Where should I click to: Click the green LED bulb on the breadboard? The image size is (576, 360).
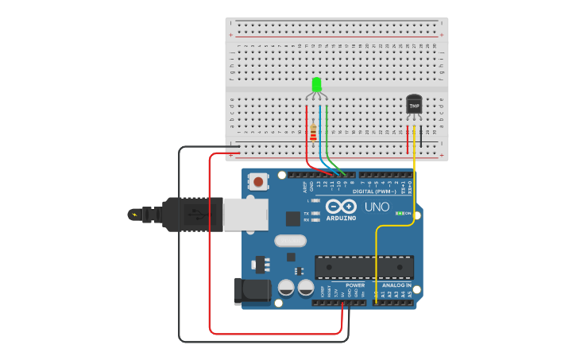[x=316, y=84]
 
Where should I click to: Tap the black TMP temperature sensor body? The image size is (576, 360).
[x=414, y=104]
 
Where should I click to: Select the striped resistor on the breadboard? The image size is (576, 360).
[x=314, y=132]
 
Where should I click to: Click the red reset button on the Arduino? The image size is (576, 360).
[x=259, y=182]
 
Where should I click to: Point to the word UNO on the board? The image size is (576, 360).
[x=377, y=207]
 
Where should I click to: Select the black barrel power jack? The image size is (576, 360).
[x=252, y=291]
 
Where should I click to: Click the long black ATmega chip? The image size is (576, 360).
[x=364, y=268]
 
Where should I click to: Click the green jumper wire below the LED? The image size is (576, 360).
[x=327, y=135]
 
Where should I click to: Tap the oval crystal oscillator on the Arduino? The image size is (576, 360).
[x=290, y=241]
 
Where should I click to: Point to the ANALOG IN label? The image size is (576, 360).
[x=396, y=285]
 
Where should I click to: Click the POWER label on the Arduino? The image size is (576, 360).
[x=355, y=285]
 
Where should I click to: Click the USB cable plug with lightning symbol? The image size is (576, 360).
[x=159, y=214]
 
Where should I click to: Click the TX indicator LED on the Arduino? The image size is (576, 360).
[x=316, y=213]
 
